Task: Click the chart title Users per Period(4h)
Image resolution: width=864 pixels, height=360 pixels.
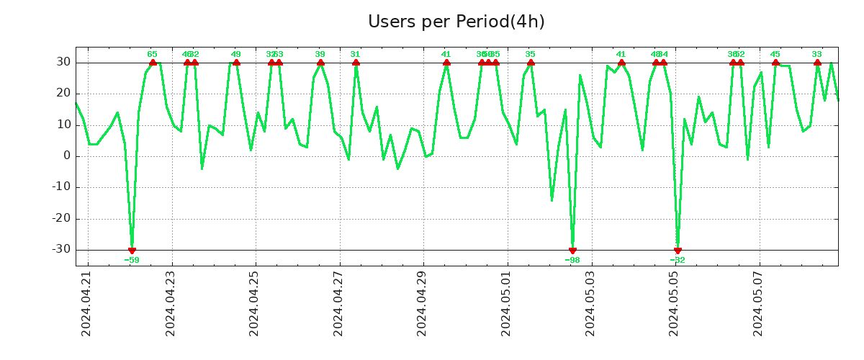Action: pos(456,22)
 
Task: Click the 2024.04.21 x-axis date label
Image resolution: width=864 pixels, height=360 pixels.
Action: pos(86,303)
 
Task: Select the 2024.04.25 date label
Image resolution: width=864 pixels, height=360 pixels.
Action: pos(254,303)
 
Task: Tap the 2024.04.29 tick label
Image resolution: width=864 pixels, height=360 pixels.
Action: pos(422,303)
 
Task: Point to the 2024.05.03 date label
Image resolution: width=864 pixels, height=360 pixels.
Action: pos(590,303)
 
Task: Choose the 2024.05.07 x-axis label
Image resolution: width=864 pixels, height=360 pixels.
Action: pos(758,303)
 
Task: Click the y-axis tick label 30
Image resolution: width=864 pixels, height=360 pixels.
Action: pos(63,63)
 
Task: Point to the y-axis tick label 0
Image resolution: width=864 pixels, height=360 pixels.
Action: pos(67,156)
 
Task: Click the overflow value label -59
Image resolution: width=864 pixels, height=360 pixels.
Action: pos(132,260)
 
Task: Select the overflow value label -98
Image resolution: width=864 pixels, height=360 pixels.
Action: pos(572,260)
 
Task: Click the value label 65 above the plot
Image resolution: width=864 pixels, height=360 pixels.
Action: pos(152,54)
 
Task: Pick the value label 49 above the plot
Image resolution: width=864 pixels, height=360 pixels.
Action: pos(236,54)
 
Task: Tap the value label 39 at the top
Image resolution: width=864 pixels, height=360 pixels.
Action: pos(320,54)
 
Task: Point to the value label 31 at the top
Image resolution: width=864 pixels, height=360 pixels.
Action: pos(355,54)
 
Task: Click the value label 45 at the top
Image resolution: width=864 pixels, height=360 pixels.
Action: pos(775,54)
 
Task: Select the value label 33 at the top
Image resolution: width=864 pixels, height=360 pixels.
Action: pos(817,54)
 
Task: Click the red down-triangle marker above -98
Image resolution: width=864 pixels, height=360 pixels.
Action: pos(572,251)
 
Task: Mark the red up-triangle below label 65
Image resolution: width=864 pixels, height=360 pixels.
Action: pos(153,63)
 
